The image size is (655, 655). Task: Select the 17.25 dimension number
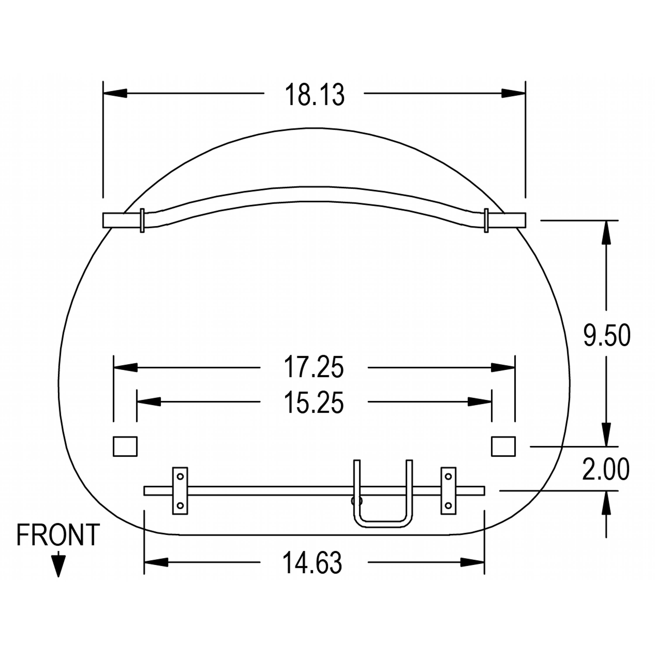pyautogui.click(x=314, y=367)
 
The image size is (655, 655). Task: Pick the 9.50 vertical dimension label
pyautogui.click(x=607, y=335)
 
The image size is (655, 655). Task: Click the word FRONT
pyautogui.click(x=58, y=535)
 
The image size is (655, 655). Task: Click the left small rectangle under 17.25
pyautogui.click(x=125, y=446)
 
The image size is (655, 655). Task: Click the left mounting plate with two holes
pyautogui.click(x=180, y=491)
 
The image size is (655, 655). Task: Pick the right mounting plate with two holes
pyautogui.click(x=448, y=491)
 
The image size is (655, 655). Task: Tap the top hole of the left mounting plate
pyautogui.click(x=180, y=476)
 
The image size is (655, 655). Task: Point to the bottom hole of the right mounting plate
pyautogui.click(x=448, y=505)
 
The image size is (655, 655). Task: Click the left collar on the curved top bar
pyautogui.click(x=142, y=220)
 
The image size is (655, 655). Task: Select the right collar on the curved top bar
pyautogui.click(x=486, y=220)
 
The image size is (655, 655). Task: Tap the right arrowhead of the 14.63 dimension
pyautogui.click(x=473, y=562)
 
